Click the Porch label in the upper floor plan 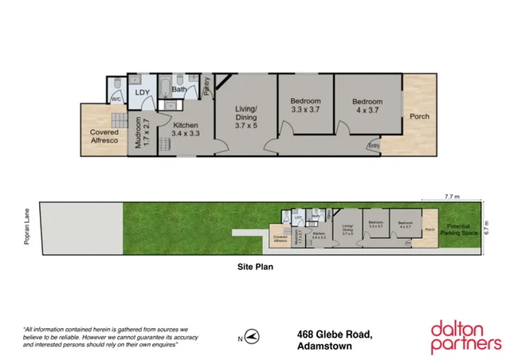tap(419, 116)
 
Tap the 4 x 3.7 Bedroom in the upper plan tap(368, 107)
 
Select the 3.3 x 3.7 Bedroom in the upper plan tap(305, 107)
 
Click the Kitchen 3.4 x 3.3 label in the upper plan tap(186, 130)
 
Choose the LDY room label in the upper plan tap(143, 93)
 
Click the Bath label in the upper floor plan tap(179, 89)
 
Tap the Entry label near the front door tap(374, 146)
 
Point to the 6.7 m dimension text tap(495, 227)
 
